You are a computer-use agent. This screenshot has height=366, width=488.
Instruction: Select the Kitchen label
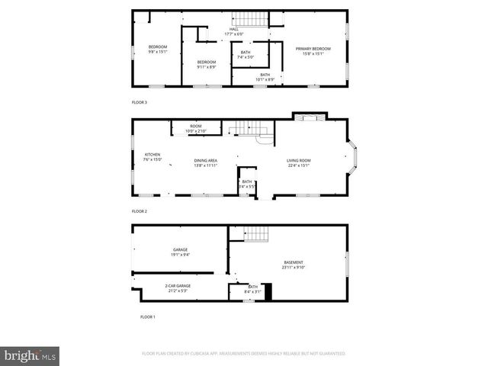pos(152,158)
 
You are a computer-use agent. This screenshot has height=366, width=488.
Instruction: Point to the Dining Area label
pos(205,162)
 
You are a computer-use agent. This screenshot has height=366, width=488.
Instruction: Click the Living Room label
pos(298,162)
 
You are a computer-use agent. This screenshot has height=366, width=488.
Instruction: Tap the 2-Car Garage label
pos(178,288)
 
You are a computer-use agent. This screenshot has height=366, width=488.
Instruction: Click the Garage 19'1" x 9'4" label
pos(180,252)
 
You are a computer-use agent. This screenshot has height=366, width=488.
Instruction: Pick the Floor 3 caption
pos(140,101)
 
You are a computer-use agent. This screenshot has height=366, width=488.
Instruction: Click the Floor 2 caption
pos(139,211)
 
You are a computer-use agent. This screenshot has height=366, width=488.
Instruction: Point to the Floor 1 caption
pos(147,316)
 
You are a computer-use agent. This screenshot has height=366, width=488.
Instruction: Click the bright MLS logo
pos(30,355)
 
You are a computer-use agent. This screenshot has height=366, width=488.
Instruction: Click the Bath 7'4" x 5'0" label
pos(245,55)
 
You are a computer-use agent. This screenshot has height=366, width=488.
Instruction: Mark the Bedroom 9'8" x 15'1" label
pos(157,50)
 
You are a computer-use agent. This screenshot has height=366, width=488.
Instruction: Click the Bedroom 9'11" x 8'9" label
pos(206,64)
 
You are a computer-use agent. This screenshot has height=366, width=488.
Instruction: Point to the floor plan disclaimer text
pos(244,354)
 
